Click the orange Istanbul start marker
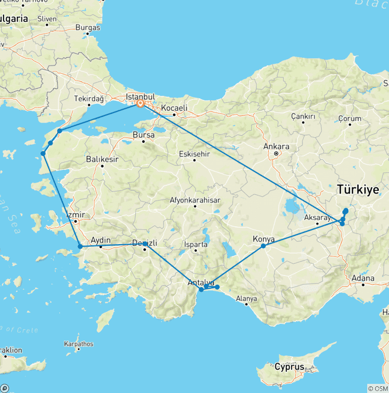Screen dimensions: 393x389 [140, 104]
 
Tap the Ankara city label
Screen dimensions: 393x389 [277, 147]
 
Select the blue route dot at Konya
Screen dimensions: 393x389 [263, 246]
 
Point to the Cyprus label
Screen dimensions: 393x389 [289, 367]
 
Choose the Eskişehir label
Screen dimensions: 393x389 [194, 153]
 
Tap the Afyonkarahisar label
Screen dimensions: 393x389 [195, 200]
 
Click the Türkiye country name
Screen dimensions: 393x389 [358, 190]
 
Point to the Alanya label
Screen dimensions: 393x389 [247, 298]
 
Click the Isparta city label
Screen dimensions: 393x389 [197, 244]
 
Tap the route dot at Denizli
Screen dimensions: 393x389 [145, 244]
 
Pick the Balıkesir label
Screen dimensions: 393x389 [102, 159]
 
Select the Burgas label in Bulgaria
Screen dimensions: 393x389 [88, 28]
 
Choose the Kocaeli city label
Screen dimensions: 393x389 [174, 108]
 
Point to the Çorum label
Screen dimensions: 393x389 [350, 119]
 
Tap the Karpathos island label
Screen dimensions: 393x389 [79, 344]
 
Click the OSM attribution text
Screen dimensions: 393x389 [377, 388]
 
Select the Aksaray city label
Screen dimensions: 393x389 [317, 217]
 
